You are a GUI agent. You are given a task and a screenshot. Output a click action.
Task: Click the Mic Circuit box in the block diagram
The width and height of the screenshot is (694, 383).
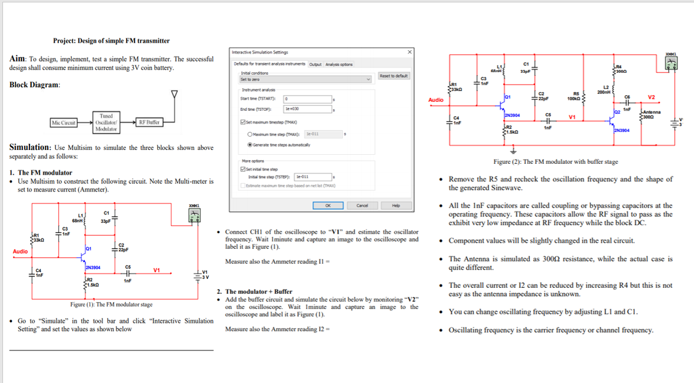(63, 123)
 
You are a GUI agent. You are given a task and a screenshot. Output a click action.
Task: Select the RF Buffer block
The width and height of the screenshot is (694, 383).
(148, 122)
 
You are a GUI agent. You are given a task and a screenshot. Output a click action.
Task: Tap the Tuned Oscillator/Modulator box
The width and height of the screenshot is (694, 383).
(106, 122)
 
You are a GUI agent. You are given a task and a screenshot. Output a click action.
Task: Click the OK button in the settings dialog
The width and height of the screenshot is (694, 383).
(327, 205)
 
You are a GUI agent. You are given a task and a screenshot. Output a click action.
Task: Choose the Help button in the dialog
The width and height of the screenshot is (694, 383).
(396, 205)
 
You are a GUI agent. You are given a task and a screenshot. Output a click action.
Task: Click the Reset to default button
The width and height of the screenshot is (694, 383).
(394, 76)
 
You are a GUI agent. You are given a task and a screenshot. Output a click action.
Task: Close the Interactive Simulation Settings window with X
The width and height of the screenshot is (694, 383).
(409, 52)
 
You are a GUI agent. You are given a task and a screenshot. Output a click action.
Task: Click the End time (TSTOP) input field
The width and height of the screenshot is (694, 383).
(307, 109)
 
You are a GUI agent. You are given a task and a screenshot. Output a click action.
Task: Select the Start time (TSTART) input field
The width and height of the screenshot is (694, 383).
(307, 98)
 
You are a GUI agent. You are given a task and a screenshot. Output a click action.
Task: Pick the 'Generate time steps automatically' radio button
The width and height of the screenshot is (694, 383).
(250, 145)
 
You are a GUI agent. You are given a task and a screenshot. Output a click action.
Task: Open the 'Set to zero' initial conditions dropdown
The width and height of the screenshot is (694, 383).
(306, 79)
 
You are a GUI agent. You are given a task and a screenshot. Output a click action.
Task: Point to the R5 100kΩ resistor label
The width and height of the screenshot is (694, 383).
(576, 96)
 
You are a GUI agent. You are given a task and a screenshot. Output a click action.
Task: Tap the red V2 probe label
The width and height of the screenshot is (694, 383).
(651, 98)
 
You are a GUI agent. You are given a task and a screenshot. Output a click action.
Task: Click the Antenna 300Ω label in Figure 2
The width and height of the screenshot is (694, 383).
(651, 114)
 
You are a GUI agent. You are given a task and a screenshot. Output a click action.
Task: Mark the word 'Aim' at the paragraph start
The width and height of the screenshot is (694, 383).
(17, 59)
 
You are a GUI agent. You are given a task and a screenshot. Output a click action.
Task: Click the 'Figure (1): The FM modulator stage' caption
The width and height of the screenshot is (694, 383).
(111, 305)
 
